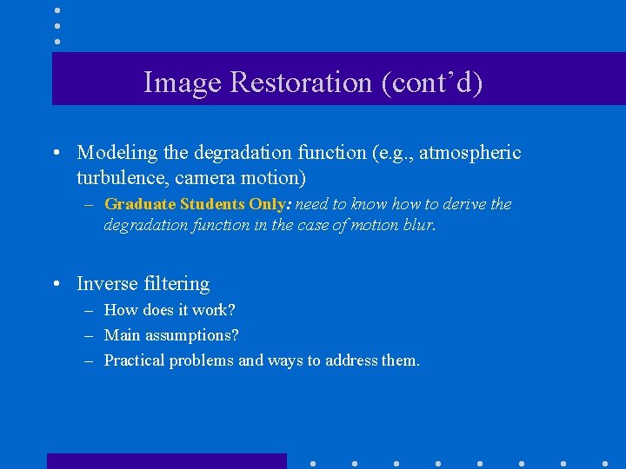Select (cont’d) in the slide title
click(x=430, y=83)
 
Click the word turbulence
click(x=117, y=177)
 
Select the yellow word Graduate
click(x=140, y=204)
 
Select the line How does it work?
click(x=170, y=310)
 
